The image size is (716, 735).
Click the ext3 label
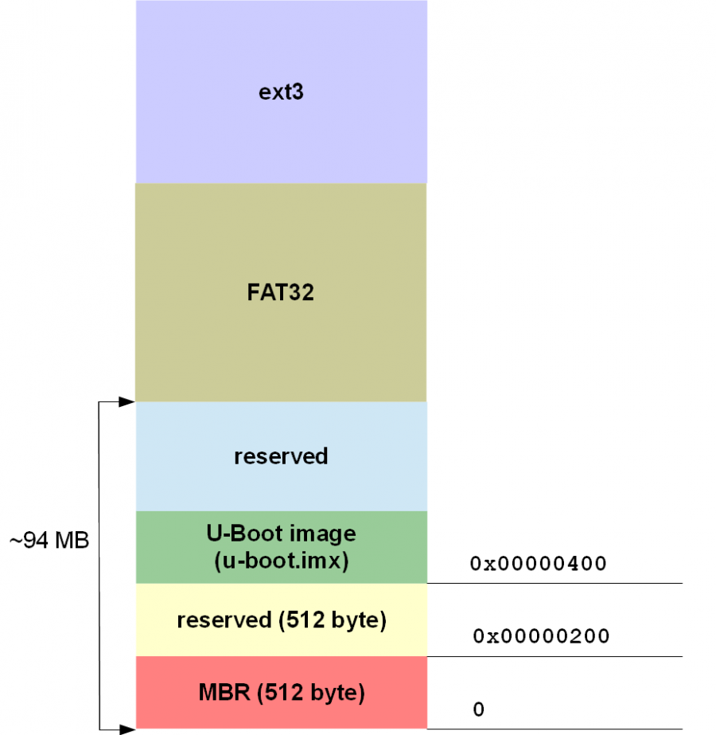click(282, 92)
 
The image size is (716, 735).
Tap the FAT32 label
click(281, 292)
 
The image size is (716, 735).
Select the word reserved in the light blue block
click(281, 456)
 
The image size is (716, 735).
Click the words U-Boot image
click(281, 532)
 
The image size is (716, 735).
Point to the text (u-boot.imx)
click(281, 561)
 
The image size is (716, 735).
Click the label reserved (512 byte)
click(282, 620)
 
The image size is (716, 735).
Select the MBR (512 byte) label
click(282, 693)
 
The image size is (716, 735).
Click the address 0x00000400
click(539, 564)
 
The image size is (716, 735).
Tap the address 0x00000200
click(541, 636)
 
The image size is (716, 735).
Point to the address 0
click(478, 709)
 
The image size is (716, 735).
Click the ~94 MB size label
click(49, 541)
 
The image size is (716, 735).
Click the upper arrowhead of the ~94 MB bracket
click(126, 402)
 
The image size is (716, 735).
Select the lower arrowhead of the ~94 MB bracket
click(126, 728)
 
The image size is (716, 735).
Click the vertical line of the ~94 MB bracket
click(99, 478)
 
